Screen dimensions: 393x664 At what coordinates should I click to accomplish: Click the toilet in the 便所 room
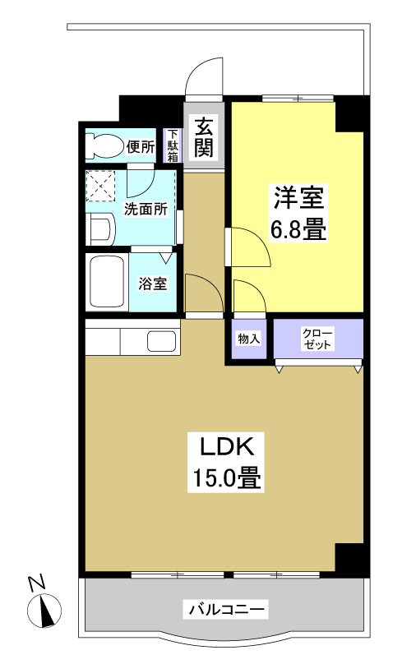coord(104,146)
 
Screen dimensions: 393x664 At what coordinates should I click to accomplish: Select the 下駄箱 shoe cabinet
coord(173,145)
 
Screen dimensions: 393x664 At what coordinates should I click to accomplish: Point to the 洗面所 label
coord(146,209)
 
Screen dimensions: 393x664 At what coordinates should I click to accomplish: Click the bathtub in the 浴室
coord(107,283)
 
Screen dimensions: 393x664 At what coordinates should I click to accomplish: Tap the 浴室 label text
coord(153,284)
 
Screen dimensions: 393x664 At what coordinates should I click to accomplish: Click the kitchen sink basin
coord(161,341)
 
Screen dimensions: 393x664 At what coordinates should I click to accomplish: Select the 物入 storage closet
coord(249,339)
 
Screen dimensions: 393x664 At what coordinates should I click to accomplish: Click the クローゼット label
coord(317,338)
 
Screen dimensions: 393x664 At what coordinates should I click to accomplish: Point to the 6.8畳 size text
coord(298,230)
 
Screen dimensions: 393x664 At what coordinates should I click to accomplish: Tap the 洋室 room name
coord(298,197)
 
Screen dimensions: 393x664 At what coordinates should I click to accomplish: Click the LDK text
coord(227,447)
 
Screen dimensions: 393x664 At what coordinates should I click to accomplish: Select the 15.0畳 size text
coord(227,477)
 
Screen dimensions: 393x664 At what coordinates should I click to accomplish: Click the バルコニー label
coord(226,610)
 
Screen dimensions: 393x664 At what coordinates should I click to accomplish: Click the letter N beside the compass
coord(37,583)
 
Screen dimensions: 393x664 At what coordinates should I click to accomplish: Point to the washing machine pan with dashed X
coord(100,186)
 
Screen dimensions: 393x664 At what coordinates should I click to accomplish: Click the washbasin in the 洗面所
coord(100,229)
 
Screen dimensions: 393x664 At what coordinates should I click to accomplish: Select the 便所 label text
coord(141,146)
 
